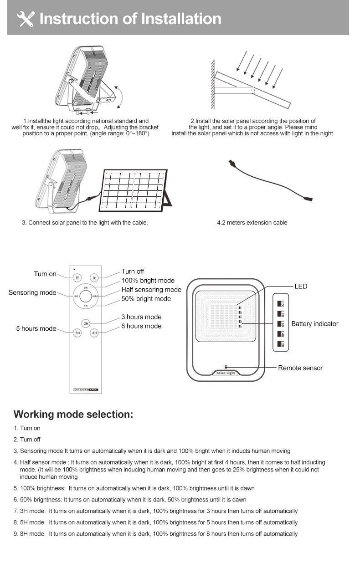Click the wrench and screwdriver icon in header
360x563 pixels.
point(26,19)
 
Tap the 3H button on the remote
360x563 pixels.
point(86,323)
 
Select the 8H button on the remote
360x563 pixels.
point(94,333)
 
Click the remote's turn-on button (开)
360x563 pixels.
point(77,278)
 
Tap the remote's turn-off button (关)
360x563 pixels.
point(94,278)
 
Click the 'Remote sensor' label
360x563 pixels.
point(300,368)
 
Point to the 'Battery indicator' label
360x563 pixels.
point(314,324)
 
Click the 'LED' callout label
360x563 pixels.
point(301,287)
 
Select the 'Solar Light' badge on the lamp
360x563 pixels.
point(225,373)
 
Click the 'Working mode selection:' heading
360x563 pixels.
point(73,415)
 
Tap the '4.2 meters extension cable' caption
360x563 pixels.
point(252,223)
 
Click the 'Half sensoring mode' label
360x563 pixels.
point(151,290)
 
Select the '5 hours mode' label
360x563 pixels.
point(36,328)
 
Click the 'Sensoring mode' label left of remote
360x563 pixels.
point(32,292)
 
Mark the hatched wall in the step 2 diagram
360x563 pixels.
point(212,84)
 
